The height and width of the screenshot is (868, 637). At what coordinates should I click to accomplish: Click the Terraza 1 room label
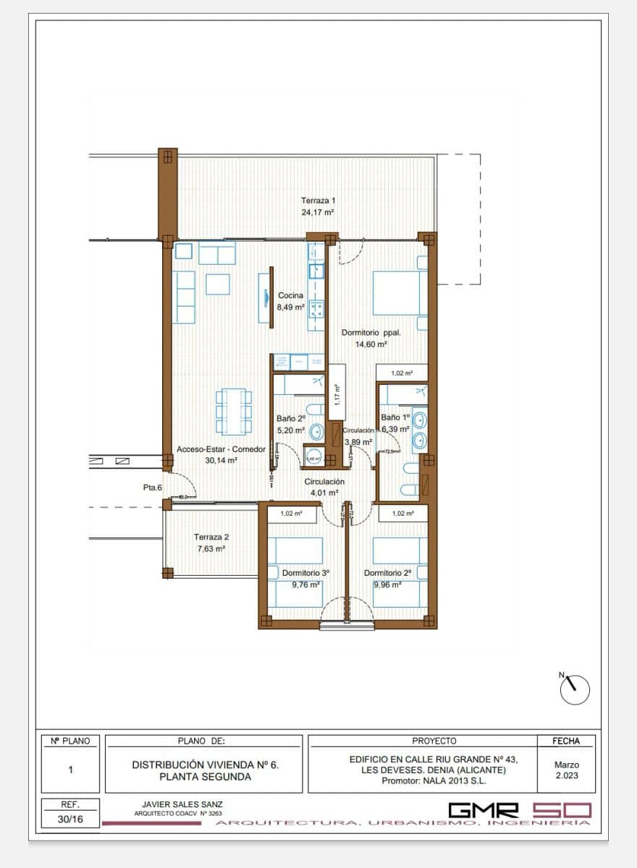pos(318,200)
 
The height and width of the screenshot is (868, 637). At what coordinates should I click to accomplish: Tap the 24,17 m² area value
pos(318,213)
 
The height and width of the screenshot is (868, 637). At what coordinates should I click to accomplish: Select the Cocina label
pos(290,295)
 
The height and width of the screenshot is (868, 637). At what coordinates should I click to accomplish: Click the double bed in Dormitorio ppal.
pos(397,293)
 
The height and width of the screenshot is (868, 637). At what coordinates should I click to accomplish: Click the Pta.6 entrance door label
pos(152,488)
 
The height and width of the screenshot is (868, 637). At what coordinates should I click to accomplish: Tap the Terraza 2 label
pos(211,537)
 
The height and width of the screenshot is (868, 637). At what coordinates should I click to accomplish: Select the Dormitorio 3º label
pos(305,573)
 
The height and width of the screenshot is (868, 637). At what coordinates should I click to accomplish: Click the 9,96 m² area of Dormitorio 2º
pos(387,584)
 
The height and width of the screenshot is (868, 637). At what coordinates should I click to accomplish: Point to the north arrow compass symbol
pos(575,689)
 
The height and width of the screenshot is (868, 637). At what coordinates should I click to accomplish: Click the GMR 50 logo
pos(520,811)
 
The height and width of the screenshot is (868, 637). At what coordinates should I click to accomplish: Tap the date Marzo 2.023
pos(566,770)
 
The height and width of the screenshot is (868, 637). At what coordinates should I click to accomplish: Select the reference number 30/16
pos(70,820)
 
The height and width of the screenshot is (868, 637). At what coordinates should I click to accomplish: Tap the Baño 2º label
pos(291,418)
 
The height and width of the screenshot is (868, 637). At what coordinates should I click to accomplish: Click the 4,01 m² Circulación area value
pos(324,493)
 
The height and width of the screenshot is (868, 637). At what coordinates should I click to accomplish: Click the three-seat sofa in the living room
pos(183,297)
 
